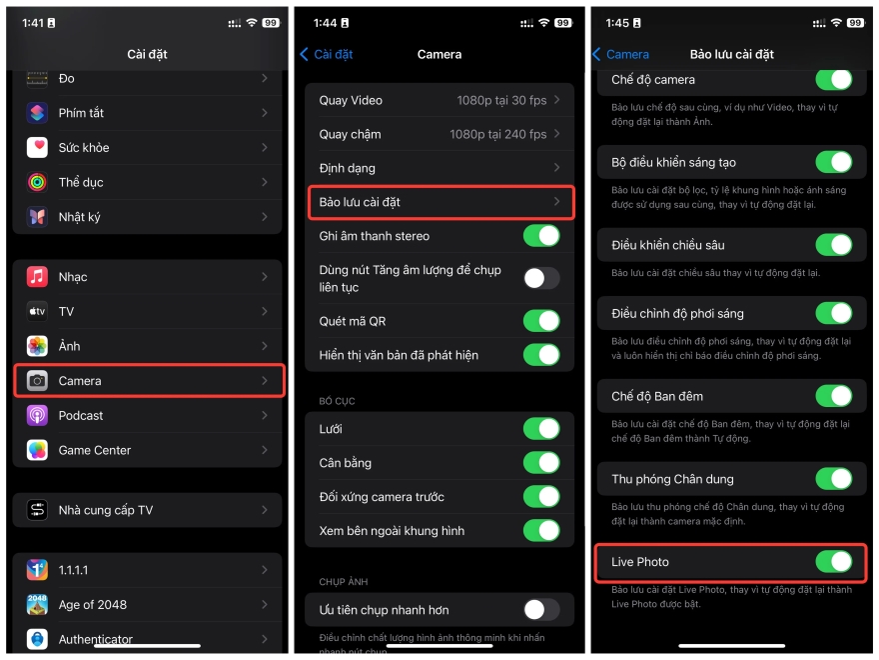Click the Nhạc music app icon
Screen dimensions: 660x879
[x=37, y=277]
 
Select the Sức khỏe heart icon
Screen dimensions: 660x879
[x=37, y=148]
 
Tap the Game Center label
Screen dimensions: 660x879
[x=95, y=450]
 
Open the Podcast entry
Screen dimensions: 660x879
[x=81, y=416]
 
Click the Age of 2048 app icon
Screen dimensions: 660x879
[x=37, y=605]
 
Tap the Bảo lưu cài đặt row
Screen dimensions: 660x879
[x=439, y=202]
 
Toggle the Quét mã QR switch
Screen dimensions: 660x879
[x=541, y=321]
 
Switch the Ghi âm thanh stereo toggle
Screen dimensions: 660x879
[x=541, y=236]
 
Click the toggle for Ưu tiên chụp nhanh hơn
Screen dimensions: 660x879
[x=541, y=609]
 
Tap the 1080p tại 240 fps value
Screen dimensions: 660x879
[x=497, y=134]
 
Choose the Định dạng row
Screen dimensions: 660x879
[x=439, y=168]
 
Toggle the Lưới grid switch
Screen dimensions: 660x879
[x=541, y=429]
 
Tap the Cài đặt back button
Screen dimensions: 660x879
[x=327, y=54]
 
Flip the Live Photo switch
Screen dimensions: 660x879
[x=833, y=562]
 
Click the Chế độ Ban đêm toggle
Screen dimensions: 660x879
[x=833, y=396]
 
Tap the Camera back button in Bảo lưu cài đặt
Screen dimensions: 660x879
[x=620, y=54]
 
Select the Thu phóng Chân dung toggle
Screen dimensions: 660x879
[x=833, y=479]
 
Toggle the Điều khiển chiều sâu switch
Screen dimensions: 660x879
[x=833, y=245]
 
